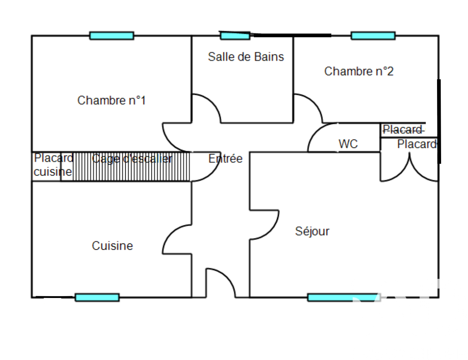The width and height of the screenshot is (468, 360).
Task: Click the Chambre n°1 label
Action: point(111,100)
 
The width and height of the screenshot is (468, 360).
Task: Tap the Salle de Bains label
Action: point(246,57)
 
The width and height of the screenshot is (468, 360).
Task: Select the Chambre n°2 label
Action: point(359,71)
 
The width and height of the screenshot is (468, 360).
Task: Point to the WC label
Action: point(348,143)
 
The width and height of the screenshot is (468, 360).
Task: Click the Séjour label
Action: point(312,231)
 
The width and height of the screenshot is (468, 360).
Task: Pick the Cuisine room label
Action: point(112,246)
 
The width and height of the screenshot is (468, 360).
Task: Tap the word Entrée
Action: point(225,159)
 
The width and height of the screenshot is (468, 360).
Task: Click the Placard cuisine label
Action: point(53,165)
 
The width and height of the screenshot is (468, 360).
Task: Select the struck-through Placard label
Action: point(402,129)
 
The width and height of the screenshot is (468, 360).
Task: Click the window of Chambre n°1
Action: point(112,36)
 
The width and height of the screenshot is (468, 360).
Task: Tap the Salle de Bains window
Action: point(235,36)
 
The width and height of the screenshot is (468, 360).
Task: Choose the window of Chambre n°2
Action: point(373,36)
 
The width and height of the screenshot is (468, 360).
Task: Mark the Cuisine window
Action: point(97,297)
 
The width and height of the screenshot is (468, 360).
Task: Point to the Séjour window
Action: point(343,297)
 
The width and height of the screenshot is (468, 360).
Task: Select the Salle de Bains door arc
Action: point(208,105)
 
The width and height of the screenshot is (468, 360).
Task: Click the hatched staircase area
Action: point(131,167)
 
